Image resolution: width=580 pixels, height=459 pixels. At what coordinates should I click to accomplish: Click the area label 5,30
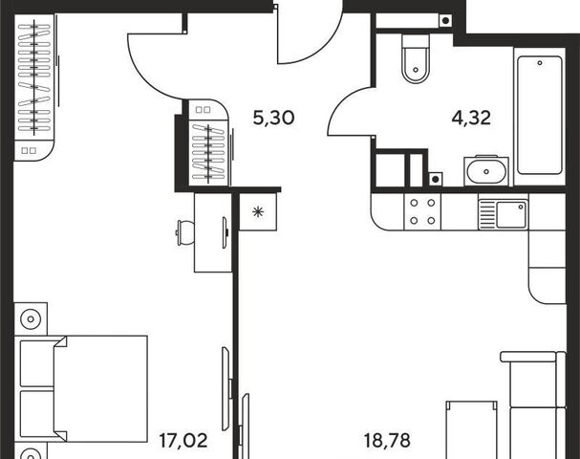click(x=273, y=118)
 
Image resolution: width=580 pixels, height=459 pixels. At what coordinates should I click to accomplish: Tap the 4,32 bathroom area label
click(x=471, y=118)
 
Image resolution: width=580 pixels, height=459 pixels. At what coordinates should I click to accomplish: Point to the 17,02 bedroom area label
click(x=183, y=441)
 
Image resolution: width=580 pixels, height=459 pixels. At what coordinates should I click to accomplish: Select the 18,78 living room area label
click(x=387, y=441)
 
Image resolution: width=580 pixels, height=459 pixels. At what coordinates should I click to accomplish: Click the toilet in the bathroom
click(x=416, y=58)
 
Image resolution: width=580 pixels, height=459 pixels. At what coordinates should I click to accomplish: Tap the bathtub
click(x=540, y=116)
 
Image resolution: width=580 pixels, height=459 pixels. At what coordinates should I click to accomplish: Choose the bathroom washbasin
click(x=486, y=171)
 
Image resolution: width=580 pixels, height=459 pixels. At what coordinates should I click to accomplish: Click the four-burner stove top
click(x=422, y=211)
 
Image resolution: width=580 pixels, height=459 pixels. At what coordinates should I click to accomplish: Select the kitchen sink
click(x=503, y=215)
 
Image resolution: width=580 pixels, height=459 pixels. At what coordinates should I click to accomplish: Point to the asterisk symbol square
click(x=258, y=211)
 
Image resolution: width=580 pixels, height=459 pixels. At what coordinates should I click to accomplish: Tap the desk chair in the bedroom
click(x=184, y=232)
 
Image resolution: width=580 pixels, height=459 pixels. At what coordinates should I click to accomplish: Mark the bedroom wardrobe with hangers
click(x=34, y=87)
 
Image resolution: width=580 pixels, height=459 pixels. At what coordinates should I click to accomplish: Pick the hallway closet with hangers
click(x=208, y=142)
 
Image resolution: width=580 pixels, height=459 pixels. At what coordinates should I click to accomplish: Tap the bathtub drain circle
click(x=540, y=63)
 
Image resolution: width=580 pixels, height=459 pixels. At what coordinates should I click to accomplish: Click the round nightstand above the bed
click(x=31, y=318)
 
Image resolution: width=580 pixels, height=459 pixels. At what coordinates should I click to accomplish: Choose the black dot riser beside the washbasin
click(x=436, y=180)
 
